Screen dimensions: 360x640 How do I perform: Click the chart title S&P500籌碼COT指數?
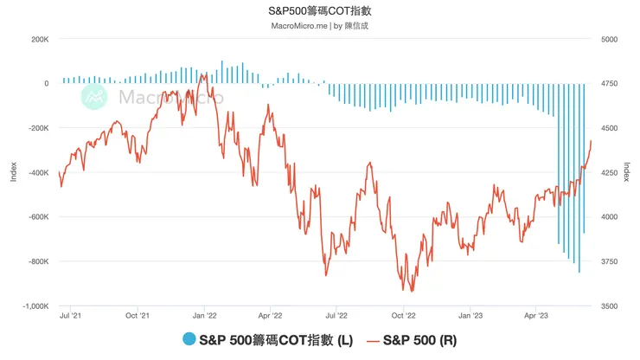click(320, 11)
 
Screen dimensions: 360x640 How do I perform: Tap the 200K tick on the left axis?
click(40, 39)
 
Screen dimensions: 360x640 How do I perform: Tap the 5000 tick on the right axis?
click(608, 39)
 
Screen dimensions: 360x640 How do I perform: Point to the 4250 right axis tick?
click(608, 172)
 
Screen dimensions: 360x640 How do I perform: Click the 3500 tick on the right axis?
click(608, 305)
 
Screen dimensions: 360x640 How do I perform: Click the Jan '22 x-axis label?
click(204, 317)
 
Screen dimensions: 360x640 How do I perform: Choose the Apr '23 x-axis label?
click(537, 317)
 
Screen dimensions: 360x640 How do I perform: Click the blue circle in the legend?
click(189, 341)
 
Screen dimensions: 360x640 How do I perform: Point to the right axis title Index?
click(630, 172)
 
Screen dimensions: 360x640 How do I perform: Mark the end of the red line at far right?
click(592, 140)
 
